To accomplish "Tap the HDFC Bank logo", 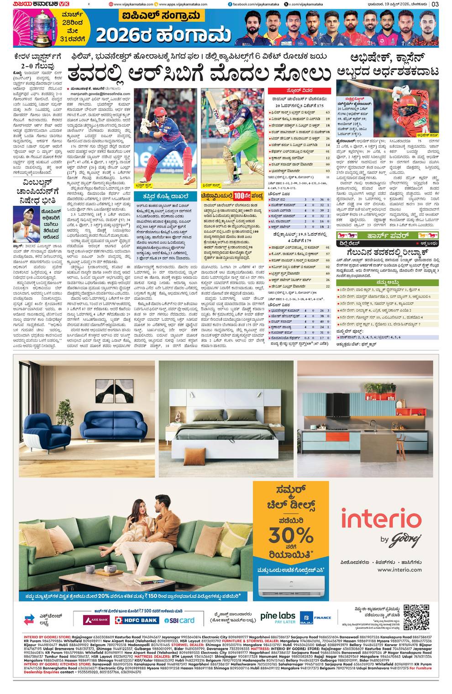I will [137, 620].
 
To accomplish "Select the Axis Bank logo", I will [96, 620].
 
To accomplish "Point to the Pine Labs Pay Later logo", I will [278, 618].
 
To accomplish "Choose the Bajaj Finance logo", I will [315, 618].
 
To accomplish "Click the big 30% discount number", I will [290, 535].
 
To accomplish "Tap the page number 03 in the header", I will [435, 4].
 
